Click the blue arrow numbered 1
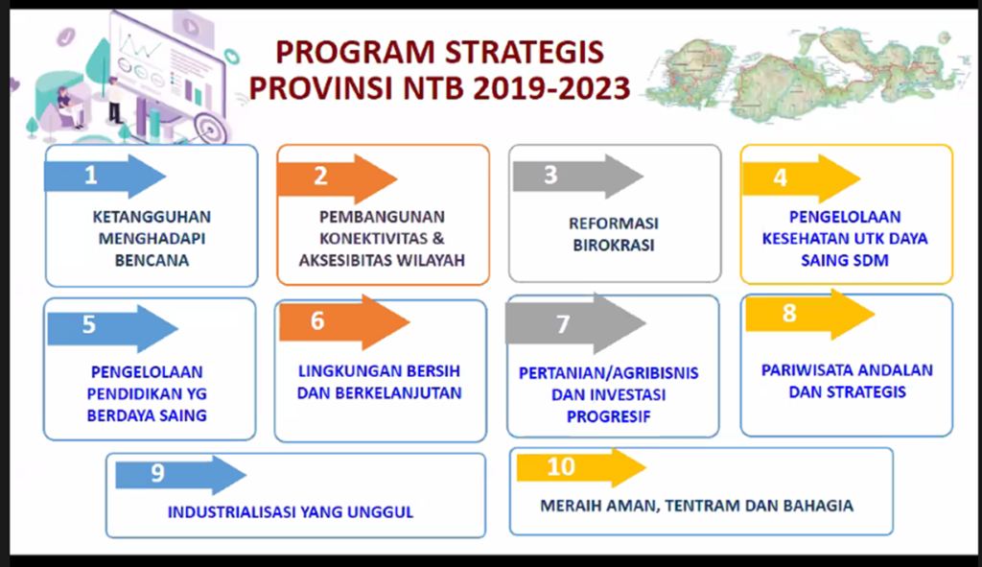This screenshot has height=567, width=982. click(105, 177)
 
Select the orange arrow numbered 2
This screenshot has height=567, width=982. click(337, 177)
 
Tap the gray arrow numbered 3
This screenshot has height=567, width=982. click(578, 177)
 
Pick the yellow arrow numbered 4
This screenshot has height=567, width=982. click(802, 178)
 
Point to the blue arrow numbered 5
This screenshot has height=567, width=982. click(113, 328)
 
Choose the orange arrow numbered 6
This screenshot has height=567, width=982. click(344, 322)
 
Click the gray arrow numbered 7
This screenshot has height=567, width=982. click(575, 323)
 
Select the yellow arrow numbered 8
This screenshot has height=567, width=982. click(810, 315)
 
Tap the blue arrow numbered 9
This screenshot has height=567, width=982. click(181, 475)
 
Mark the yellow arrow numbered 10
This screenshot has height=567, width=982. click(581, 467)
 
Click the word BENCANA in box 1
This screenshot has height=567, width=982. click(152, 261)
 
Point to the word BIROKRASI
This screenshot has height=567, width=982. click(614, 245)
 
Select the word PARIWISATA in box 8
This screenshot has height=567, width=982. click(799, 370)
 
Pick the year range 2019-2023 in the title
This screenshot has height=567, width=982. click(551, 88)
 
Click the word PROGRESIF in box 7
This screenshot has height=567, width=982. click(609, 416)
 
